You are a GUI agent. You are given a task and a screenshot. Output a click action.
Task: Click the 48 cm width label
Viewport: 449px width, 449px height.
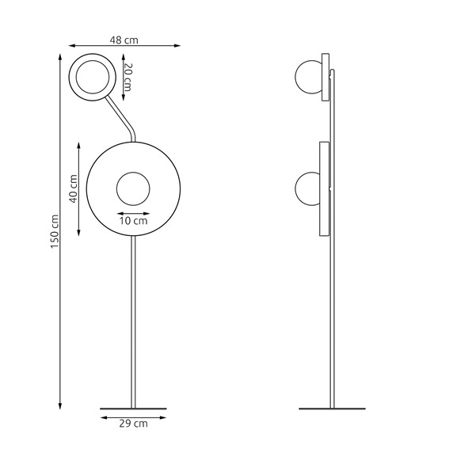click(124, 38)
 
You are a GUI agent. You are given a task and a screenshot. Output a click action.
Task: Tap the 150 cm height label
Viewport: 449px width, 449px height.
click(55, 230)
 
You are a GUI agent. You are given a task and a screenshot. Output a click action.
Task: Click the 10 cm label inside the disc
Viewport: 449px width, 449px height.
click(133, 222)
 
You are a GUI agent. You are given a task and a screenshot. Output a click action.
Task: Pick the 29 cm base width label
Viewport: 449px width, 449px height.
click(133, 424)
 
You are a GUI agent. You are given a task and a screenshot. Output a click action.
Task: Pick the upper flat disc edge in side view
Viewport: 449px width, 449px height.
click(325, 76)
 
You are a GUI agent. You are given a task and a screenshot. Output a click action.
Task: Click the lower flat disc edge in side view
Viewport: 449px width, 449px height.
click(323, 188)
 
